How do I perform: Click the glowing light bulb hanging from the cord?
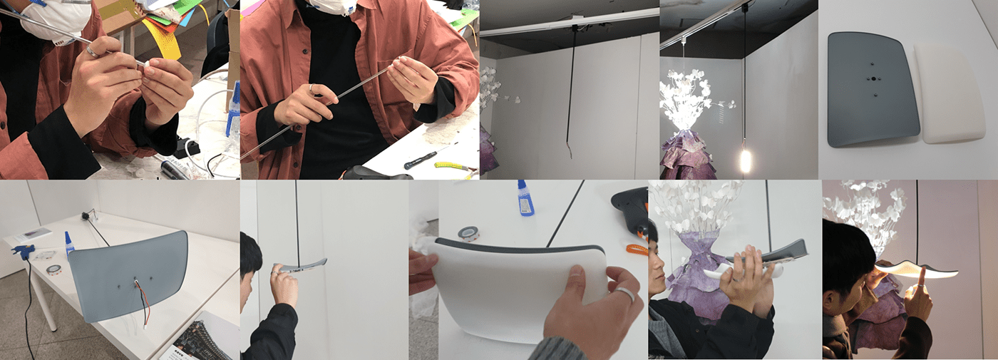(x=746, y=160)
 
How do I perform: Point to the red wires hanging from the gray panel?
(x=142, y=299)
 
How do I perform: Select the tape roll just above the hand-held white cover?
(x=468, y=233)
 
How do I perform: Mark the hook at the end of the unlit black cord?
(x=568, y=150)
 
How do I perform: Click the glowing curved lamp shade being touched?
(x=920, y=269)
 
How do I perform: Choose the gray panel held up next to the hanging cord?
(x=303, y=265)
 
